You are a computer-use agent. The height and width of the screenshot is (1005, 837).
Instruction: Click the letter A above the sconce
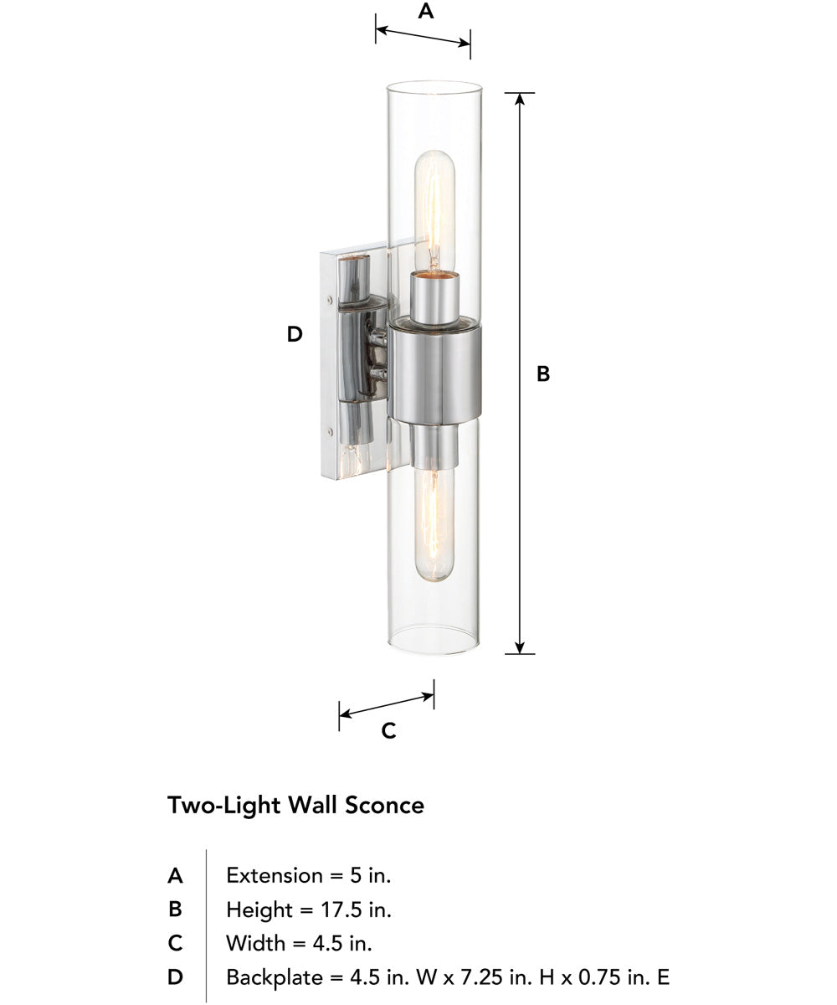coord(425,12)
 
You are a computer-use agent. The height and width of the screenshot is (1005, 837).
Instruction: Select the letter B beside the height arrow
coord(543,374)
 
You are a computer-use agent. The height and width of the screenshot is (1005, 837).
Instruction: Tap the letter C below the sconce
coord(388,731)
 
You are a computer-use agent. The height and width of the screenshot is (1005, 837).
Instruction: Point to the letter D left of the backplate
coord(294,334)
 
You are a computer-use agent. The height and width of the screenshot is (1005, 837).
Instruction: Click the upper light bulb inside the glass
coord(434,209)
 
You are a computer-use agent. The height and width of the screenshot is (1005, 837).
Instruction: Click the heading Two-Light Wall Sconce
coord(295,806)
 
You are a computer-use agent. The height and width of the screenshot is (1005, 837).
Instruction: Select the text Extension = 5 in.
coord(309,876)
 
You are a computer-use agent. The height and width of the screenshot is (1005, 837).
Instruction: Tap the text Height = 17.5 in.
coord(309,910)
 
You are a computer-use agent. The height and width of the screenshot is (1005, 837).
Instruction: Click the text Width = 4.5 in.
coord(299,943)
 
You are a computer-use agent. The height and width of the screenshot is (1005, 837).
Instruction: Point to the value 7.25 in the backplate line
coord(473,977)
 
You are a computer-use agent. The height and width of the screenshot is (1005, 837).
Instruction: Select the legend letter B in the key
coord(175,910)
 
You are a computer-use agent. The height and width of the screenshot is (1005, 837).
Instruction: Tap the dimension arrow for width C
coord(387,705)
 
